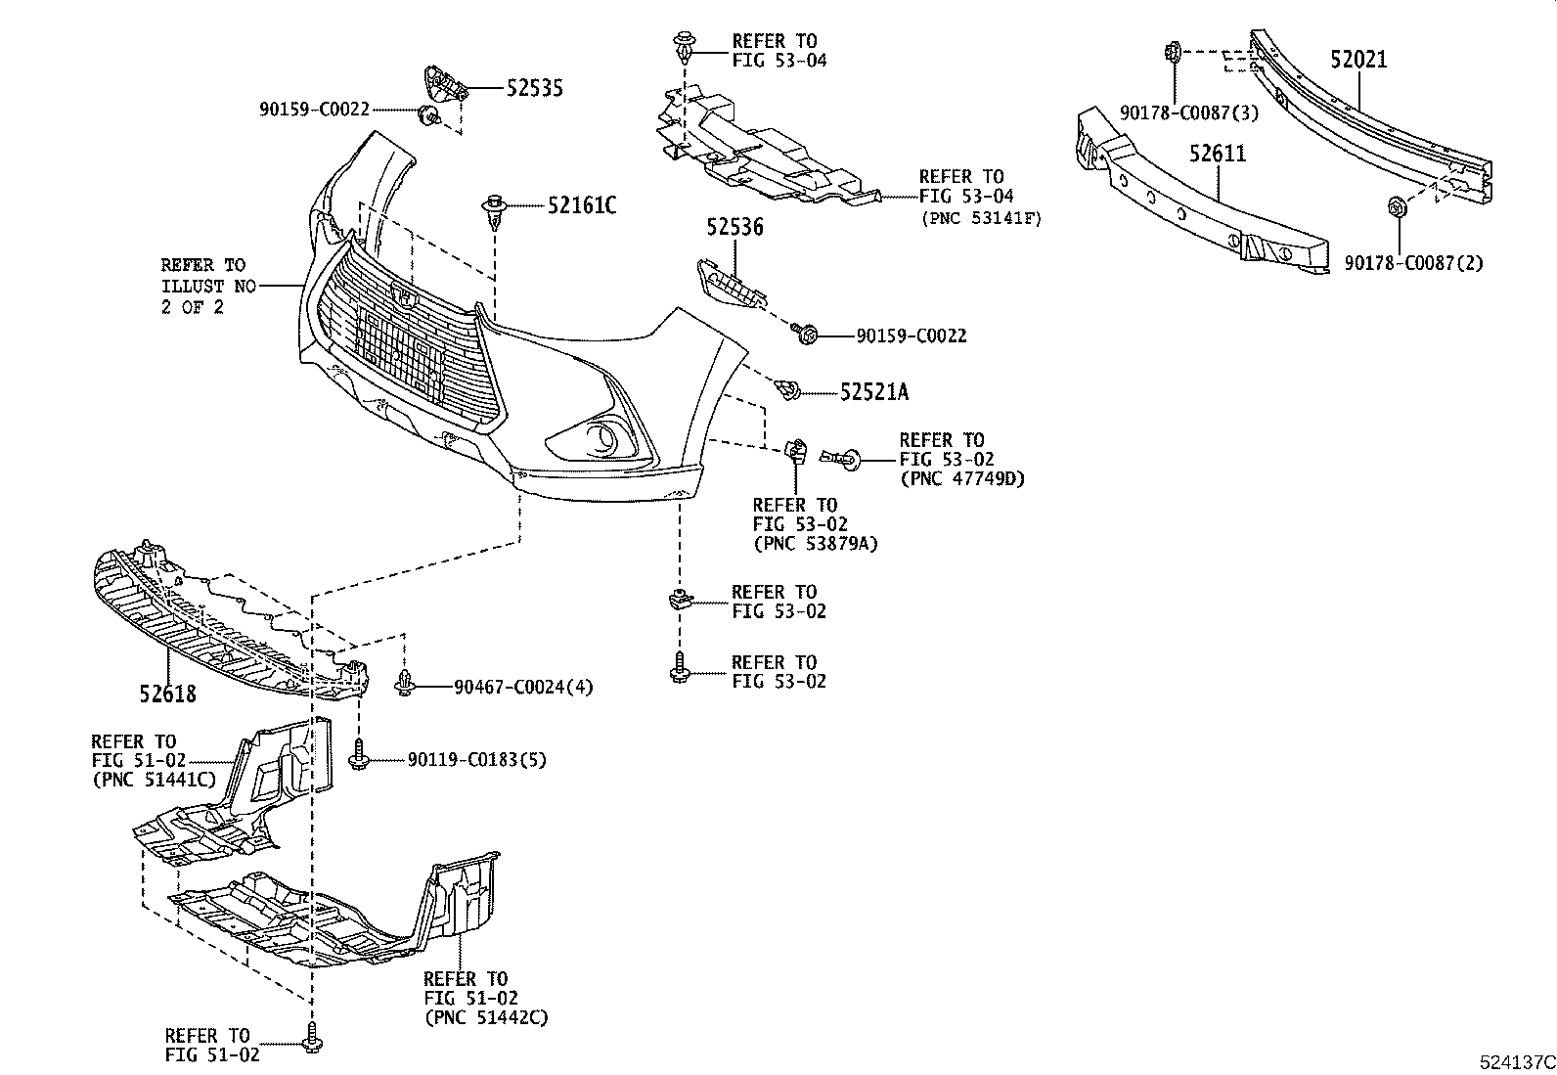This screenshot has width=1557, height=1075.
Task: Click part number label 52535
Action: click(534, 89)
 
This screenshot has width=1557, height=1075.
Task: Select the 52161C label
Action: click(582, 205)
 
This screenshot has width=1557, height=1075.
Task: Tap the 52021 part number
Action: click(1358, 60)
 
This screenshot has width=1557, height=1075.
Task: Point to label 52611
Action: click(1218, 154)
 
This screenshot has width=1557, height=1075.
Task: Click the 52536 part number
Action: click(734, 228)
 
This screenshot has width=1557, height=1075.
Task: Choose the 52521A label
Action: click(873, 392)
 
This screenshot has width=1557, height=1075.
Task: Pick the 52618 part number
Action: click(166, 694)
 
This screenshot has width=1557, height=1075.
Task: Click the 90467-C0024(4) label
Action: click(523, 688)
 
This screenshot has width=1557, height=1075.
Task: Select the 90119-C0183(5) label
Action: click(477, 760)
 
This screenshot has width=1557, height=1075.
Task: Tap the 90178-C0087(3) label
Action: click(1189, 113)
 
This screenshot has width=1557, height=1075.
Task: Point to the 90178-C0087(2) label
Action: click(1412, 263)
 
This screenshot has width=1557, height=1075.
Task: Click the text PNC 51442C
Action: click(486, 1017)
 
